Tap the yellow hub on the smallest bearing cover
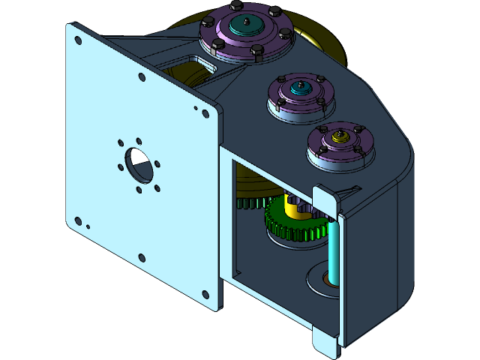[340, 139]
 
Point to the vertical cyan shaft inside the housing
[334, 247]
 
